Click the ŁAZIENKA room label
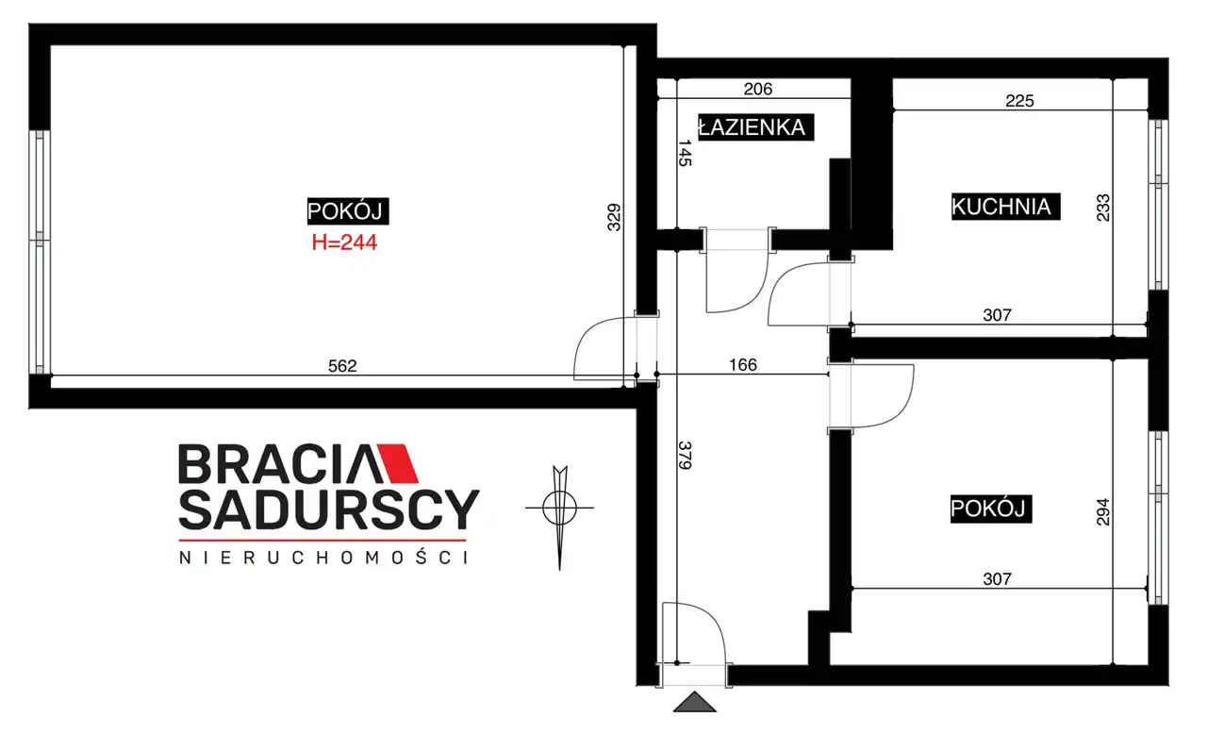[x=755, y=127]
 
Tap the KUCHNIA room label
[x=1005, y=207]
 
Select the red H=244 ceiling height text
[x=344, y=242]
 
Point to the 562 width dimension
[x=342, y=366]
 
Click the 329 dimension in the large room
[x=614, y=217]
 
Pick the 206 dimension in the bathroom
[x=757, y=89]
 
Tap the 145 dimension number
[x=685, y=153]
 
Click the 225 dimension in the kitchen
[x=1019, y=101]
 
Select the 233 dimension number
[x=1103, y=208]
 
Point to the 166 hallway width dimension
[x=742, y=365]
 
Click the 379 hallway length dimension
[x=685, y=456]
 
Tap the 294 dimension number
[x=1103, y=512]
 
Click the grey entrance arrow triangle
[x=695, y=702]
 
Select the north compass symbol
[x=560, y=516]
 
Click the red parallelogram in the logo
[x=398, y=463]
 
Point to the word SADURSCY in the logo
[x=329, y=509]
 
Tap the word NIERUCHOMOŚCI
[x=323, y=558]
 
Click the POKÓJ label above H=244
[x=348, y=211]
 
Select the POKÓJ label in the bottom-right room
[x=990, y=509]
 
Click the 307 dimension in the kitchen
[x=997, y=315]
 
